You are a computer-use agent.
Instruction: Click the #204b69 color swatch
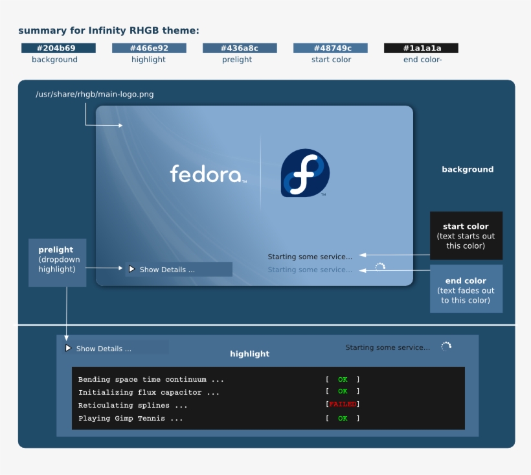click(58, 48)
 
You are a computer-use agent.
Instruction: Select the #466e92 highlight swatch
click(149, 48)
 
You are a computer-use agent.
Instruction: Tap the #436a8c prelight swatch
click(240, 48)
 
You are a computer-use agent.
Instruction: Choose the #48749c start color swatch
click(330, 48)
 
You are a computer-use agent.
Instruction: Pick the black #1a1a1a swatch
click(421, 48)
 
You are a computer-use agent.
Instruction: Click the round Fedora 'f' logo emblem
click(305, 173)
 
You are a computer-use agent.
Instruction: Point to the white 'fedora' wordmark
click(207, 174)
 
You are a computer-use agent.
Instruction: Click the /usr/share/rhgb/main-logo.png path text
click(95, 95)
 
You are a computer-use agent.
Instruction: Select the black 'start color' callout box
click(466, 235)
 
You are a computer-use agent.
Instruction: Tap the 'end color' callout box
click(466, 289)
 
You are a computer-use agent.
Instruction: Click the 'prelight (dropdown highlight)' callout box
click(56, 262)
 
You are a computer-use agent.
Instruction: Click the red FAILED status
click(343, 404)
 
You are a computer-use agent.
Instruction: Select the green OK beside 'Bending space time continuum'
click(343, 380)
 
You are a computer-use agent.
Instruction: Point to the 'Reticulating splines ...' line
click(133, 406)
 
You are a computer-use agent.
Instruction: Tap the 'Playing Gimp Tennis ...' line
click(130, 419)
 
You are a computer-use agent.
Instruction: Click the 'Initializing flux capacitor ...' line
click(149, 393)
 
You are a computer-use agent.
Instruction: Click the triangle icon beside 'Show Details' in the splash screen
click(131, 269)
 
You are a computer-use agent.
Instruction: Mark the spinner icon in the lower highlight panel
click(446, 347)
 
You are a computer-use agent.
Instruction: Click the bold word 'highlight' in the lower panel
click(249, 354)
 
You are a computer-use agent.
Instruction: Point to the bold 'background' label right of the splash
click(468, 169)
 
